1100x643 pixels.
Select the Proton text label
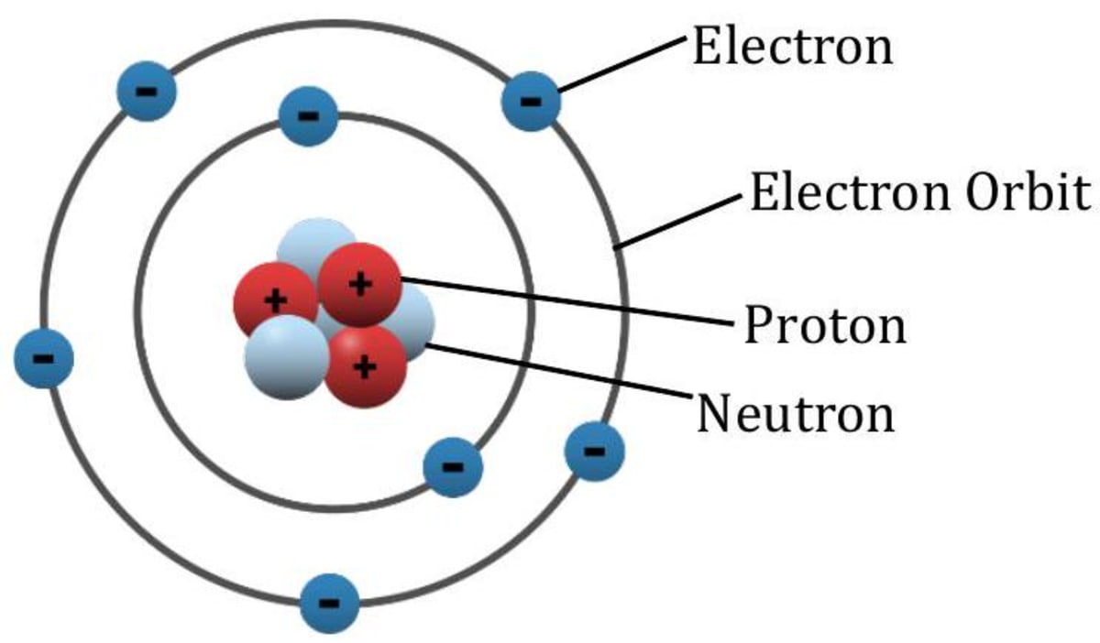coord(824,325)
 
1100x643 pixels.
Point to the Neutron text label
coord(795,413)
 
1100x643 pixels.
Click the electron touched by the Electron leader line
coord(530,99)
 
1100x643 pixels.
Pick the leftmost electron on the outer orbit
coord(43,355)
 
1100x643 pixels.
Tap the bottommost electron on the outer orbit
coord(330,603)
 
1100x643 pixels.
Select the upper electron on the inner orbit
coord(309,115)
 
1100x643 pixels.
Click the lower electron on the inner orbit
coord(452,466)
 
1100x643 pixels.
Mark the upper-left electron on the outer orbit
coord(146,91)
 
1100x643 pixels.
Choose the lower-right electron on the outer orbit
coord(594,451)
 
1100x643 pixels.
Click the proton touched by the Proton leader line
coord(359,285)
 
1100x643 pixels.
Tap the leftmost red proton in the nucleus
coord(273,300)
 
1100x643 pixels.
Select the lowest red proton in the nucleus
coord(366,367)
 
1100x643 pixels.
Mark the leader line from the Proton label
coord(568,300)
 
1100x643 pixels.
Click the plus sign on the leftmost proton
coord(273,299)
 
